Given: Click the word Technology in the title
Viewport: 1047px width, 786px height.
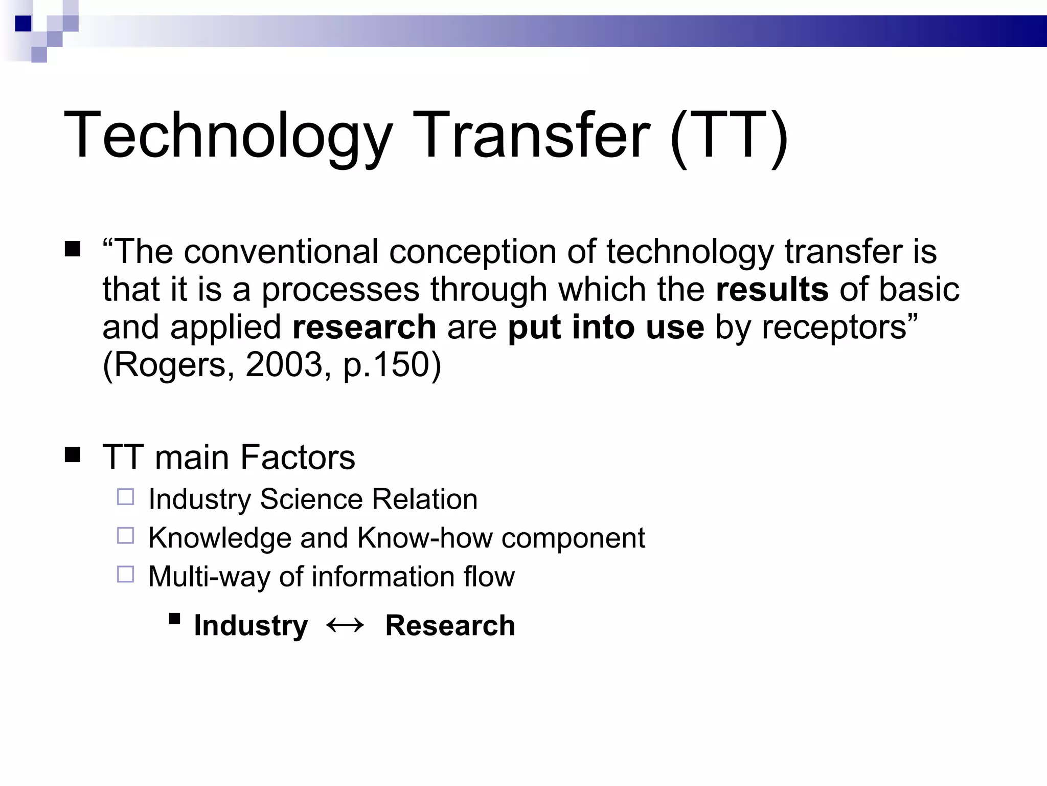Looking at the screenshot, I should coord(228,137).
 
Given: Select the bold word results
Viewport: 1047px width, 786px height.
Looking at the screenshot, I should coord(772,290).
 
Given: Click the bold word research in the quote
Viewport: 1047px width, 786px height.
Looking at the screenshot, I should coord(364,327).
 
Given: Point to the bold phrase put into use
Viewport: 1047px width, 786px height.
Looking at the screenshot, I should coord(606,327).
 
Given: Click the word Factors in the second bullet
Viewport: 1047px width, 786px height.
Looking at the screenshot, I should coord(298,457).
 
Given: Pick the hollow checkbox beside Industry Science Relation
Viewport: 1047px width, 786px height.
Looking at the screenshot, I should coord(125,497).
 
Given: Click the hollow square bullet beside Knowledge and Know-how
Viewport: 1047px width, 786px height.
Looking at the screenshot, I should coord(125,536).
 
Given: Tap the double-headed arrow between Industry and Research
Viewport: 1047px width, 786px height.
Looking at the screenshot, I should coord(345,625).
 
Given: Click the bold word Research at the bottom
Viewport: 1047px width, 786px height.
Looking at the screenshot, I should coord(450,625).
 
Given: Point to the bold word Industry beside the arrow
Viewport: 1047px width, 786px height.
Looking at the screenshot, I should coord(251,626).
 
